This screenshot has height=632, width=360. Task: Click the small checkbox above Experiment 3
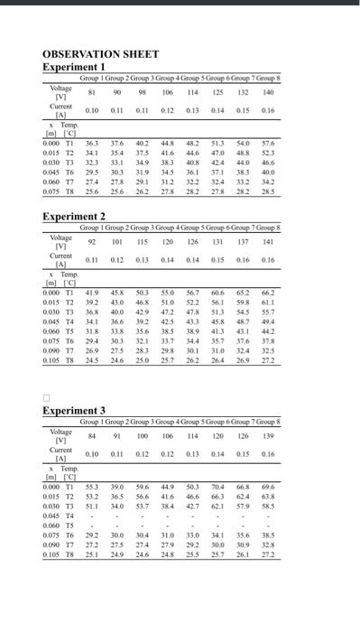point(46,397)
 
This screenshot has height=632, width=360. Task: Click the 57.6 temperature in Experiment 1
point(268,144)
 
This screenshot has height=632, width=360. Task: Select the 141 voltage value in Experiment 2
point(268,241)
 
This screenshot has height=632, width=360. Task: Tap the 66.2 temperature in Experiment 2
point(268,293)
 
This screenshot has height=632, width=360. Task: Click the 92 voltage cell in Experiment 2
point(92,241)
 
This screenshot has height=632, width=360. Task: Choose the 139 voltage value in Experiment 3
point(268,436)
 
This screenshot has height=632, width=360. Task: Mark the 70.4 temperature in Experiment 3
point(217,487)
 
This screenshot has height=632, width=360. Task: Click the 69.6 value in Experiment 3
point(268,487)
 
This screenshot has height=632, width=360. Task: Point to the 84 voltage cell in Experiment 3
point(92,436)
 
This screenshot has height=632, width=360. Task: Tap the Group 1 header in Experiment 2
point(94,228)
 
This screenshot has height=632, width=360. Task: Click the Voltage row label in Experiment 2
point(60,241)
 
